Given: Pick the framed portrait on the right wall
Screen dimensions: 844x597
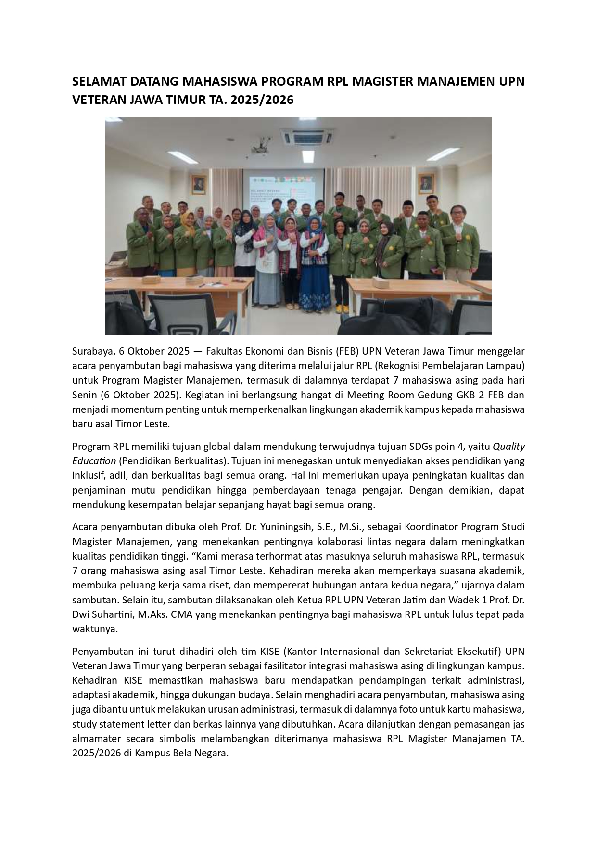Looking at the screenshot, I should click(x=426, y=183).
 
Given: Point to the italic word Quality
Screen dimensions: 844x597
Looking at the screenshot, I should click(x=508, y=446).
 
